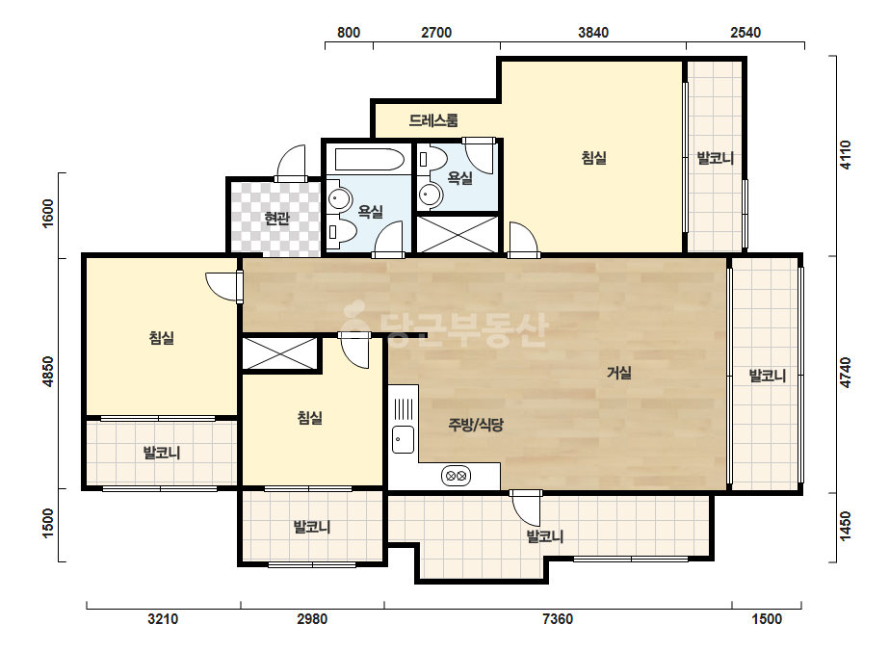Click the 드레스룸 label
(433, 120)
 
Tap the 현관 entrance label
(277, 219)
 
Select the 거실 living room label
(619, 373)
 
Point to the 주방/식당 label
(476, 425)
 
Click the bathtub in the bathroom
(369, 159)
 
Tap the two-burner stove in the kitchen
(457, 476)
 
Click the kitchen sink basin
(404, 439)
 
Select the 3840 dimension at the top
(593, 33)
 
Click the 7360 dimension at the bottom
(558, 618)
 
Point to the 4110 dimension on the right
(845, 155)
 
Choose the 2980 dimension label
(312, 618)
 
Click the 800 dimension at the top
(349, 33)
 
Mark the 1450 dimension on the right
(845, 526)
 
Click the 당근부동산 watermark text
(446, 327)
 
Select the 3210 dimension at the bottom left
(163, 618)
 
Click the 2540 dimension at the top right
(745, 33)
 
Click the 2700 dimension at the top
(436, 33)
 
